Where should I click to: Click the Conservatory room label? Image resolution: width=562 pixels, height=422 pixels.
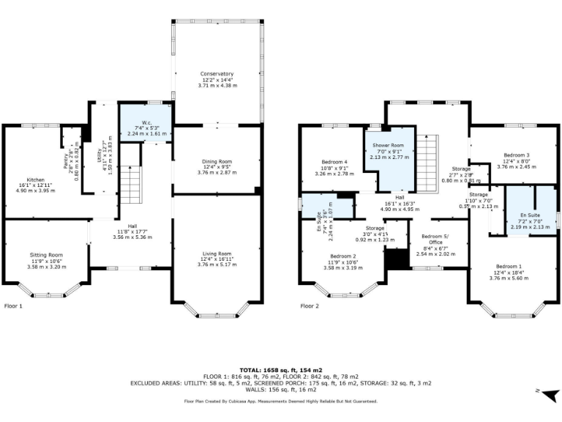click(217, 74)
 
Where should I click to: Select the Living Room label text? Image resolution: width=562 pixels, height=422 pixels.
click(217, 253)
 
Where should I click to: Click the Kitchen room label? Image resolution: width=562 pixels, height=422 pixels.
click(36, 179)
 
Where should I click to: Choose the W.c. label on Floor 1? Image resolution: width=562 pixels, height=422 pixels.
click(146, 122)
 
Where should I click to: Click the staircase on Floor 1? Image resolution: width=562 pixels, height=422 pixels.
click(129, 184)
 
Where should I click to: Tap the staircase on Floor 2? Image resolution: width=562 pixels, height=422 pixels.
click(426, 157)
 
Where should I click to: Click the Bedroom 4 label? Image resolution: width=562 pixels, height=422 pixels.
click(334, 162)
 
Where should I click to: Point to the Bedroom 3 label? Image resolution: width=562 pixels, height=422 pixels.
click(517, 155)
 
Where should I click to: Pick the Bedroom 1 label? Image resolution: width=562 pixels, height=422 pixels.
click(509, 266)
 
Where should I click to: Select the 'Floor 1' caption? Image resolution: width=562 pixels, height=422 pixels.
click(14, 306)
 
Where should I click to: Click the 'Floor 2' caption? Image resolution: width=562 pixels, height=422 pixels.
click(310, 306)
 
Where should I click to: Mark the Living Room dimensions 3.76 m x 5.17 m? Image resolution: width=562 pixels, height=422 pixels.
click(217, 264)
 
